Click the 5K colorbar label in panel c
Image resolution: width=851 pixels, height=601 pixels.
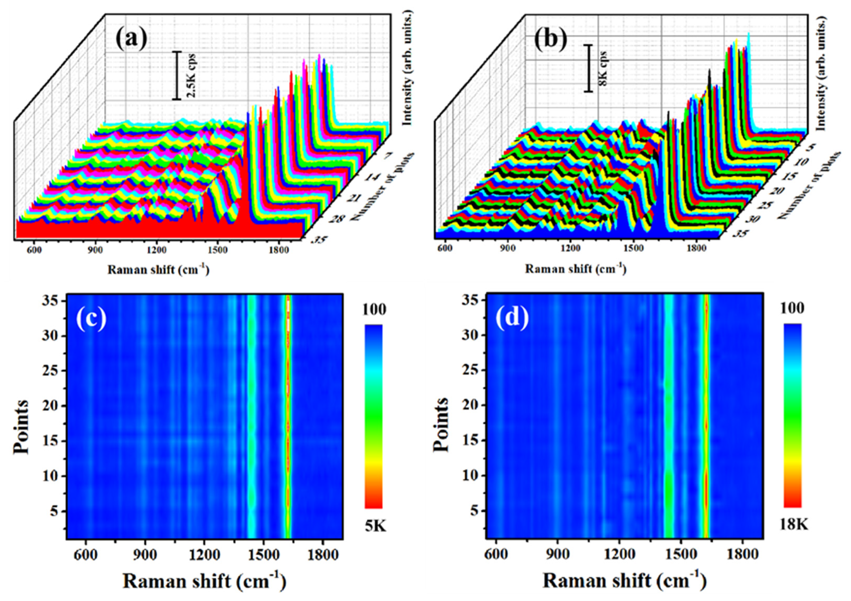[x=375, y=526]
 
